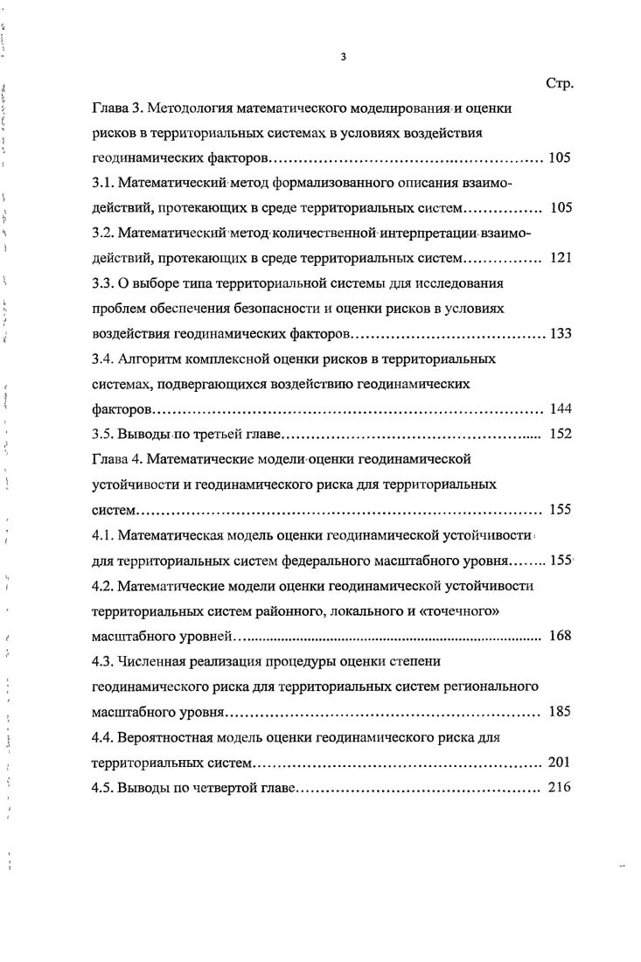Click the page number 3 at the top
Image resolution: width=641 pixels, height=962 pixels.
click(345, 58)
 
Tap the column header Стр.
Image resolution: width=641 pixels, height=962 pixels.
click(558, 84)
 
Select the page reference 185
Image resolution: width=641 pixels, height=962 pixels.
click(560, 711)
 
